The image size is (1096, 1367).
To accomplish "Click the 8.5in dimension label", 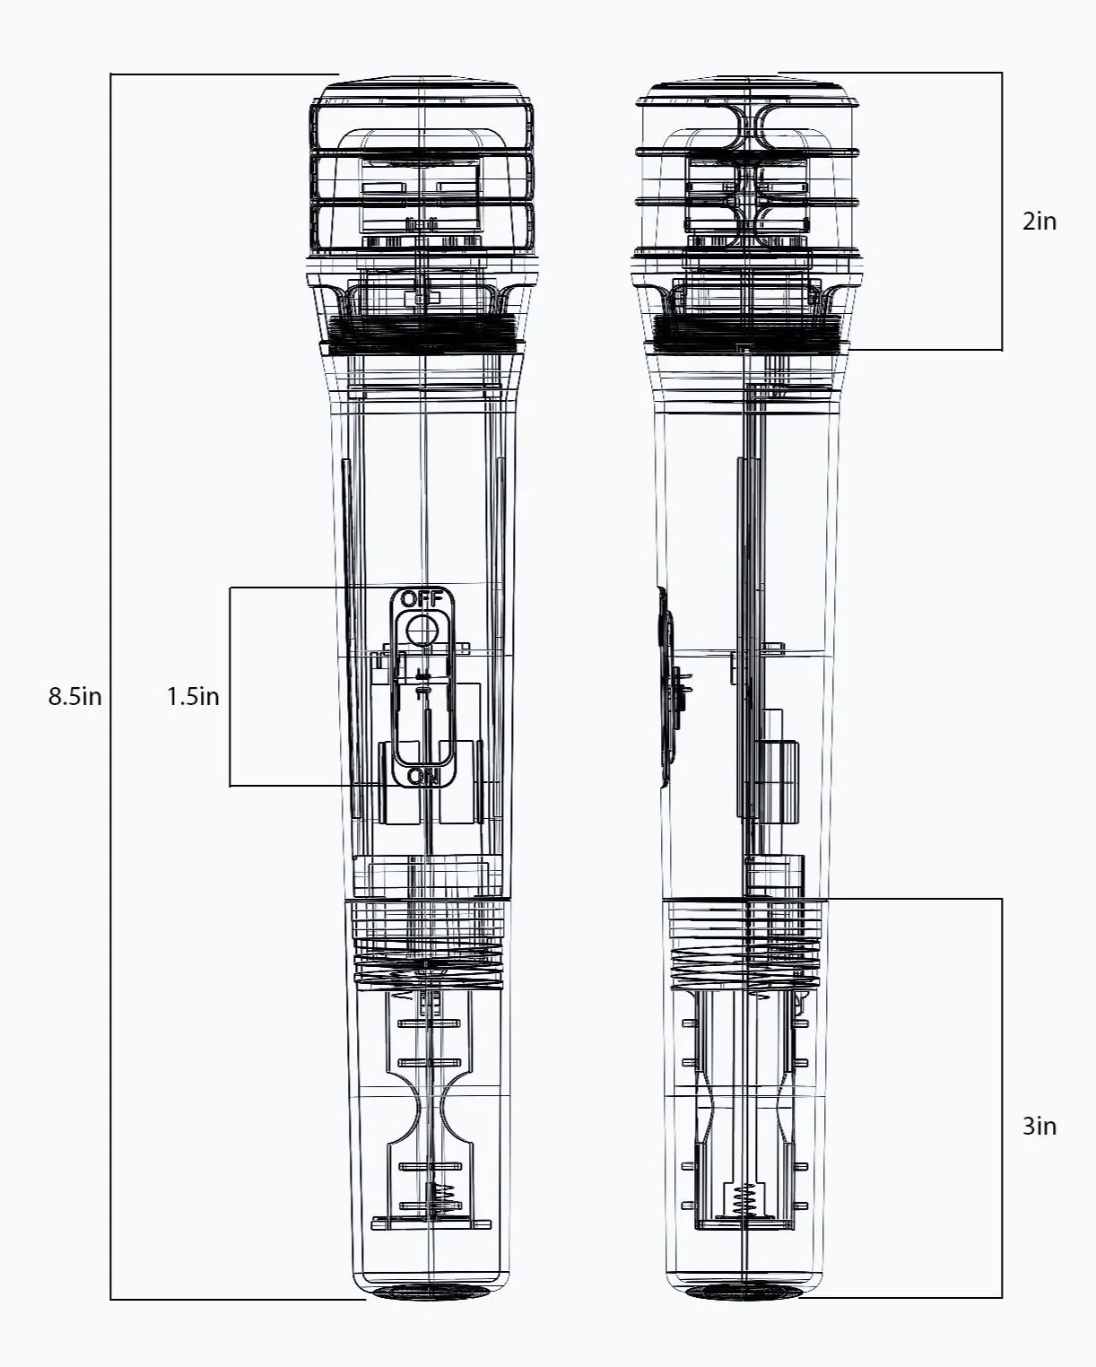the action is click(x=74, y=696).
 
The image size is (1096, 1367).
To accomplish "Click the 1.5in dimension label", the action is click(x=193, y=696).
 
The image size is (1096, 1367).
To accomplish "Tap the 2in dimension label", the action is click(x=1039, y=221).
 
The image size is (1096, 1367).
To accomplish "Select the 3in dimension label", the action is click(x=1039, y=1126).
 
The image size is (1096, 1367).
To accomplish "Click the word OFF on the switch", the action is click(x=422, y=599).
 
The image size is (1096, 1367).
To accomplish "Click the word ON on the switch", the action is click(x=422, y=776).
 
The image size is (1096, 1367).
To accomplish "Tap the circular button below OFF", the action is click(x=421, y=631).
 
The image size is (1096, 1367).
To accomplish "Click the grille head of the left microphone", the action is click(x=421, y=170).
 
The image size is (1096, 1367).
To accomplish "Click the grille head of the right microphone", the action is click(x=748, y=170).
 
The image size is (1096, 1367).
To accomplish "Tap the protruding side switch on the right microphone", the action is click(x=665, y=687).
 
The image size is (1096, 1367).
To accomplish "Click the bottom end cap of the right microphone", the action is click(x=743, y=1293).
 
